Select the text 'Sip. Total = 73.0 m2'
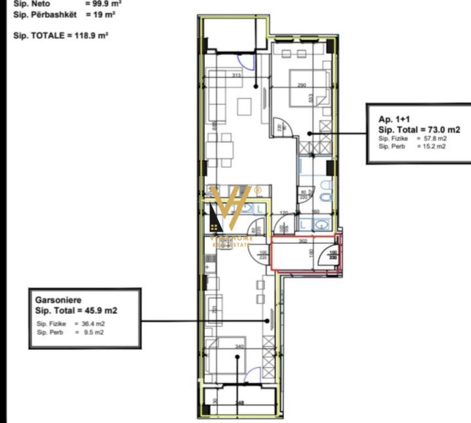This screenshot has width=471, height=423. click(x=419, y=129)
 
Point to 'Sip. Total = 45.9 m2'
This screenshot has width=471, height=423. click(x=76, y=311)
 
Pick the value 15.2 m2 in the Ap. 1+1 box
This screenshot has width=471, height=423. click(x=434, y=146)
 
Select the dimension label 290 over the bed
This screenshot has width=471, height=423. click(x=302, y=85)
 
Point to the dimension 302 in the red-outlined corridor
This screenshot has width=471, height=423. click(x=302, y=240)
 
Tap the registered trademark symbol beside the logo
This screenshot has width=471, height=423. click(x=258, y=190)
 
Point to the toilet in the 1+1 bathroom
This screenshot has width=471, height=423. click(x=325, y=197)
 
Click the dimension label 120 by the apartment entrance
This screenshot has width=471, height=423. click(x=284, y=213)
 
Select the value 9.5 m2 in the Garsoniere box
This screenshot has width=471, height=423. click(x=92, y=333)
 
